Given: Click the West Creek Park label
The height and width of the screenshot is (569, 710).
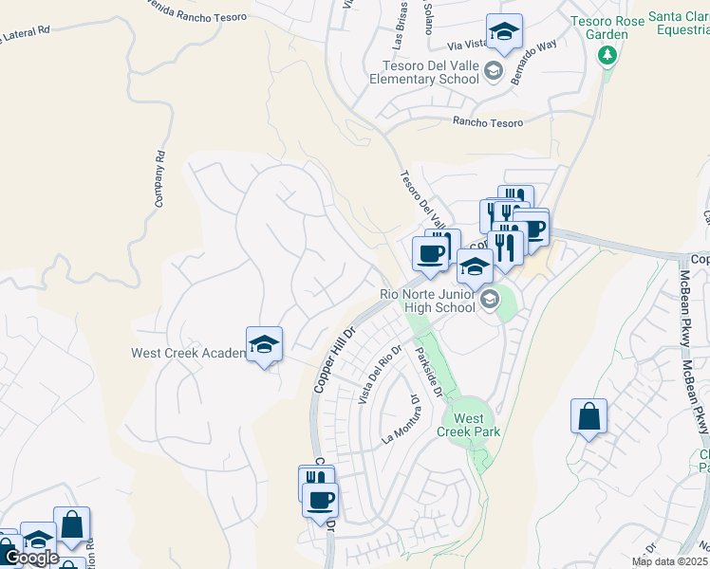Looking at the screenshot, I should (468, 425).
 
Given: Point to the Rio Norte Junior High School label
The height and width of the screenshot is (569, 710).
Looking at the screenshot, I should (427, 301).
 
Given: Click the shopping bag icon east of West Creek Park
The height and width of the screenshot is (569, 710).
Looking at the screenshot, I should (589, 416).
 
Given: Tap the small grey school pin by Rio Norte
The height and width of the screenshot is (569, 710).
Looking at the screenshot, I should (490, 301).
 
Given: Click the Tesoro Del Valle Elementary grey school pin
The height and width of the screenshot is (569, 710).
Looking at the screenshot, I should (493, 71).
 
